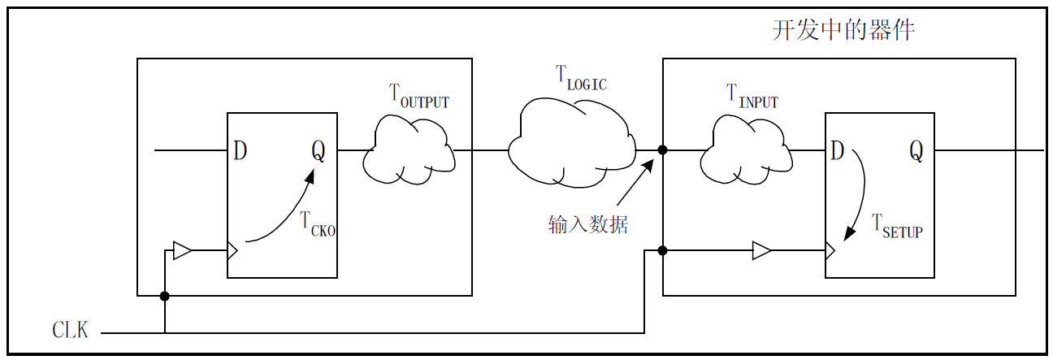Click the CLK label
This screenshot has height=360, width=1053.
click(70, 331)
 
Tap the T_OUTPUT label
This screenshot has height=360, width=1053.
click(419, 97)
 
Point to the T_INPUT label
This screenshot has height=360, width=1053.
click(752, 97)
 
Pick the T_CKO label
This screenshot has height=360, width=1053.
click(318, 223)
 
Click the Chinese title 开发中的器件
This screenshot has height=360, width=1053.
click(843, 31)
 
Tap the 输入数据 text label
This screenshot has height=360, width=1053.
click(587, 224)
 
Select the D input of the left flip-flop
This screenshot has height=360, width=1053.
click(240, 151)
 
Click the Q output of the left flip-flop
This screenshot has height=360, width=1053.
click(318, 151)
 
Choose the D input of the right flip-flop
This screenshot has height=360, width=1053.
click(837, 150)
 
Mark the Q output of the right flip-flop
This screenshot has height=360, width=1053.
click(916, 150)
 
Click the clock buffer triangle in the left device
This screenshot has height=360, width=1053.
click(183, 250)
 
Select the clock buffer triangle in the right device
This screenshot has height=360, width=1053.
click(761, 250)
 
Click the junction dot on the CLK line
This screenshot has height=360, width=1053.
click(165, 297)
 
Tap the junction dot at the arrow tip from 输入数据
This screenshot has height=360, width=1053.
click(663, 150)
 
